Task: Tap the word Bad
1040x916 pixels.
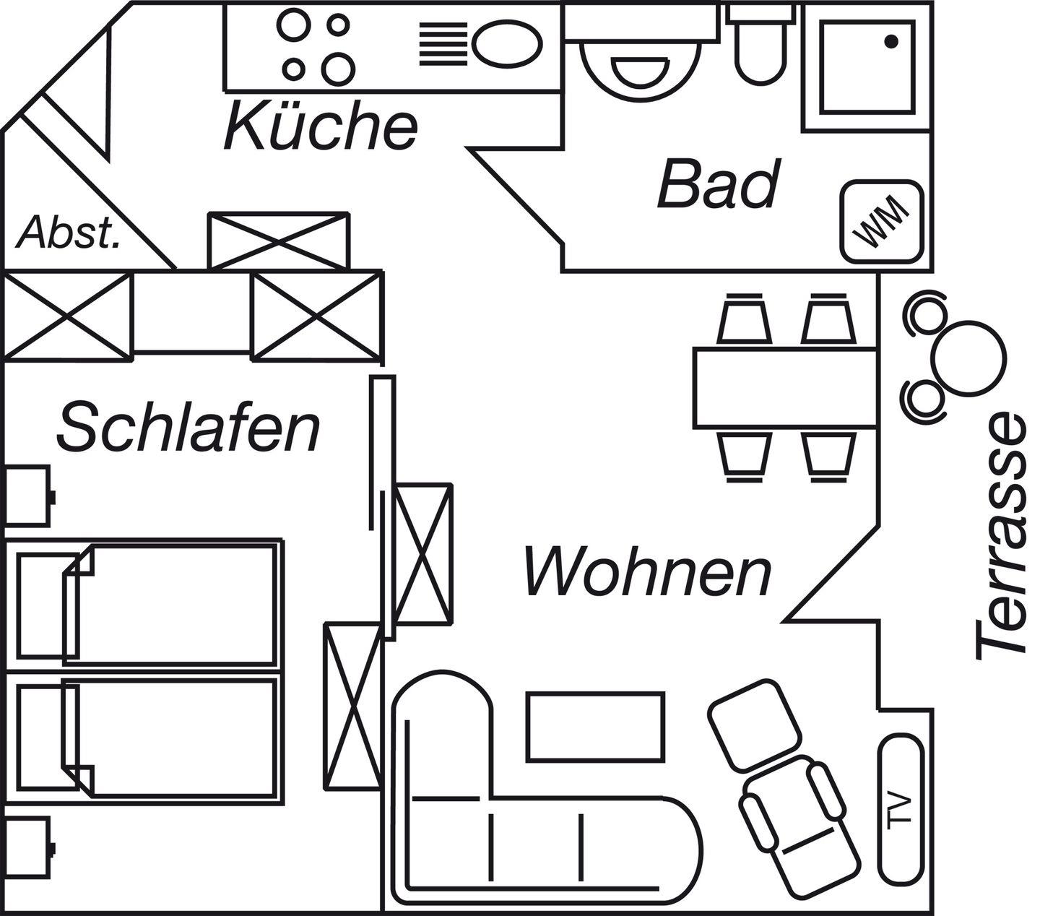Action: (x=719, y=185)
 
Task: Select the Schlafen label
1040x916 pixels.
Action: (x=188, y=428)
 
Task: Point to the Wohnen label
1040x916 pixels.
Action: (x=647, y=572)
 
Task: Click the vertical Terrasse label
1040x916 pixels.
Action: (x=1001, y=536)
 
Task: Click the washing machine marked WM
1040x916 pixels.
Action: (x=882, y=222)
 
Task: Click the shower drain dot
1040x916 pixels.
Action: (x=891, y=41)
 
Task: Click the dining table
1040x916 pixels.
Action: (x=785, y=388)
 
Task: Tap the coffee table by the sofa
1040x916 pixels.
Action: (x=595, y=726)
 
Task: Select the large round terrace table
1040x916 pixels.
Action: (x=968, y=354)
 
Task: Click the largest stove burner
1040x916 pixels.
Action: (x=338, y=69)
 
